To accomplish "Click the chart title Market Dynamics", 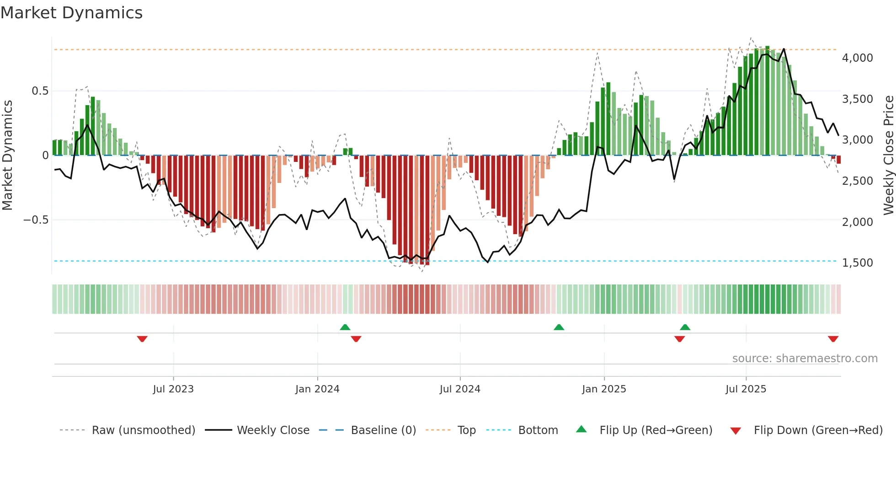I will point(72,13).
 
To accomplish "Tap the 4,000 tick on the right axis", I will point(857,58).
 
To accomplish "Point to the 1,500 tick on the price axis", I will point(857,263).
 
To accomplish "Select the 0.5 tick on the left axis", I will point(40,91).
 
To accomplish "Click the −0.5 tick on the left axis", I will point(36,220).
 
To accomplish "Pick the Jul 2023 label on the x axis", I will point(173,389).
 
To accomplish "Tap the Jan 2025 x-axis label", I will point(604,389).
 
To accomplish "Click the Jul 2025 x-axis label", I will point(746,389).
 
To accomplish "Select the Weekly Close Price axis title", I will point(888,155).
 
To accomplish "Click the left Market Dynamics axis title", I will point(7,155).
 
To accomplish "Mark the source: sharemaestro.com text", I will point(805,359).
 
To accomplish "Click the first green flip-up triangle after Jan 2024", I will point(345,327).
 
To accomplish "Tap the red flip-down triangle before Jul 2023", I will point(142,339).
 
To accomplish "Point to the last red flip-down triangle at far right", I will point(833,339).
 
